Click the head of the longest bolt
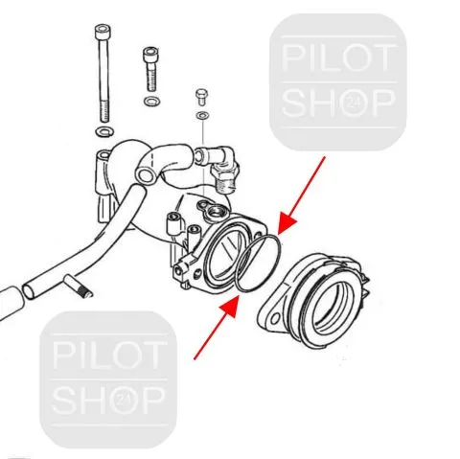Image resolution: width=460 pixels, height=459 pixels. click(103, 31)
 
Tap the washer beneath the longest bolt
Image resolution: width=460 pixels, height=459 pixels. click(104, 131)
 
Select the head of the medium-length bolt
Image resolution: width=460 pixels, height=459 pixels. click(150, 55)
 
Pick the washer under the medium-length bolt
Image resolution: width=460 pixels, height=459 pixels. click(152, 102)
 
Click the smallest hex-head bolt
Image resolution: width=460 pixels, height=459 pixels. click(201, 97)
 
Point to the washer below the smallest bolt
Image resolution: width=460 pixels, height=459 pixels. click(202, 115)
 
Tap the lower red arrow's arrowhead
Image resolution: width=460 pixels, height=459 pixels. click(231, 307)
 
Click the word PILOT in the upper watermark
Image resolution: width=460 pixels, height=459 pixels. click(337, 57)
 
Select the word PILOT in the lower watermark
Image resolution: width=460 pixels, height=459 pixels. click(108, 356)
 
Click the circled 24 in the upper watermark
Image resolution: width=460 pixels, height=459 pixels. click(351, 103)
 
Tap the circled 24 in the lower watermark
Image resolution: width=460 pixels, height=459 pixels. click(121, 400)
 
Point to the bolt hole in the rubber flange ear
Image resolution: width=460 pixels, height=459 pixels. click(275, 317)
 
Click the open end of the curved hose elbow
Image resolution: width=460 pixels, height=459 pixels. click(146, 175)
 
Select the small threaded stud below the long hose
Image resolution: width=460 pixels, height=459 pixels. click(78, 287)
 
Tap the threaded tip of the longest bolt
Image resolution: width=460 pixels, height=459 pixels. click(105, 111)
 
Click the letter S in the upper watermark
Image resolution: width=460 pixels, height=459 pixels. click(294, 103)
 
